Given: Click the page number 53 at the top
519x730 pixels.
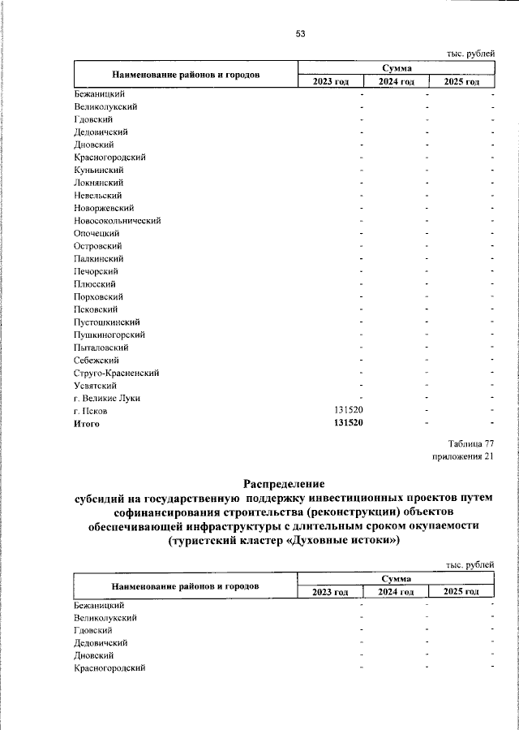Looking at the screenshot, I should pos(300,33).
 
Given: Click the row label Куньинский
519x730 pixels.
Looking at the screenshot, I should pos(97,170).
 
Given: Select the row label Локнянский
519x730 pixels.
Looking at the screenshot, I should pos(97,183).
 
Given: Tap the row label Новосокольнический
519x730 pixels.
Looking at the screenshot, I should pos(117,220).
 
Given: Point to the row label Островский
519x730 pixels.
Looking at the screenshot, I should pos(97,246).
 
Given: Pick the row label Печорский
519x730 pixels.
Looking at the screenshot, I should pos(97,271).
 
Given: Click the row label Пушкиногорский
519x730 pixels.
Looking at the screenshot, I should pos(109,335).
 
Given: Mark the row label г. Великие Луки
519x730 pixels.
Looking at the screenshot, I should pos(106,398).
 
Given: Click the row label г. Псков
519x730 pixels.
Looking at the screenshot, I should pos(89,411).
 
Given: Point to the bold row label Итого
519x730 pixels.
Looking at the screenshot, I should pos(86,423).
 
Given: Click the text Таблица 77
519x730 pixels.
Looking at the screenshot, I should pos(470,443).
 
